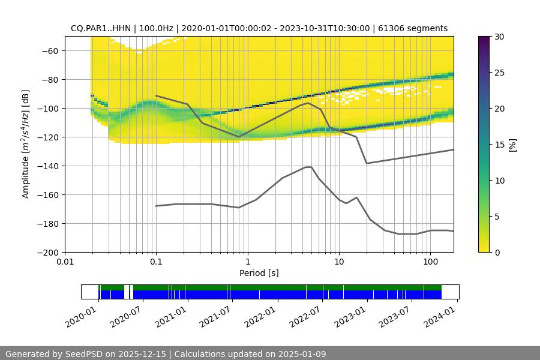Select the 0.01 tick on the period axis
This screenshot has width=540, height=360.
pyautogui.click(x=65, y=262)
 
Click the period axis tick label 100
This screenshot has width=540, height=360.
pyautogui.click(x=430, y=262)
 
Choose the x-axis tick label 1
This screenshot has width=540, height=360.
pyautogui.click(x=247, y=262)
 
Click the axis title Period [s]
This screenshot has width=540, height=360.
pyautogui.click(x=259, y=274)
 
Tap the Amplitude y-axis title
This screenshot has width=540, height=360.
pyautogui.click(x=25, y=144)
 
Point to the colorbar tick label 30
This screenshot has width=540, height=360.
pyautogui.click(x=499, y=37)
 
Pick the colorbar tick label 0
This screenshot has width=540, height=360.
pyautogui.click(x=497, y=253)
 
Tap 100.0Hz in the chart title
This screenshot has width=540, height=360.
pyautogui.click(x=156, y=28)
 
